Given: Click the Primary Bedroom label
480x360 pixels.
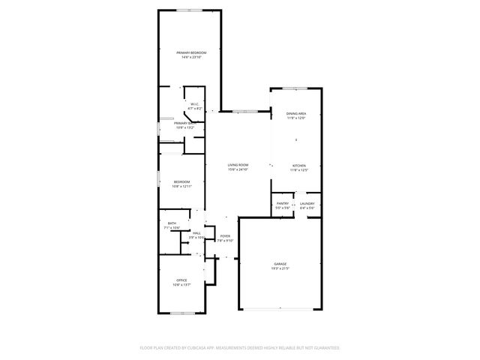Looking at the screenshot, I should click(190, 52).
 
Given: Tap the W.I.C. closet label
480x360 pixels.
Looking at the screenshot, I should click(194, 104).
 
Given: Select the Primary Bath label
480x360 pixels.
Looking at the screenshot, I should click(184, 123).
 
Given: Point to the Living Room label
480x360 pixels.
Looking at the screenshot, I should click(238, 165).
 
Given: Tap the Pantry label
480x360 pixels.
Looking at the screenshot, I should click(283, 203).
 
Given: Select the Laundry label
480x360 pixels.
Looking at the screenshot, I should click(307, 203).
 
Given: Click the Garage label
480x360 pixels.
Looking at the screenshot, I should click(280, 264).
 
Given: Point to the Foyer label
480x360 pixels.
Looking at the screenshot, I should click(225, 236).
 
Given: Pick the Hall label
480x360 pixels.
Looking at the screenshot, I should click(196, 233).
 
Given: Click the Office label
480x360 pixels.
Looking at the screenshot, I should click(181, 280).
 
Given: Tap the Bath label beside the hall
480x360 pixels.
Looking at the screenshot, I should click(172, 223).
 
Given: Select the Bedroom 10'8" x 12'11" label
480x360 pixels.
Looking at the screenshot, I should click(181, 181).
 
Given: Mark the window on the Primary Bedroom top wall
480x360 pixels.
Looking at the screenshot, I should click(188, 10).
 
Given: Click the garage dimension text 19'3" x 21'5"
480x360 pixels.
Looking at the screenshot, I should click(280, 268).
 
